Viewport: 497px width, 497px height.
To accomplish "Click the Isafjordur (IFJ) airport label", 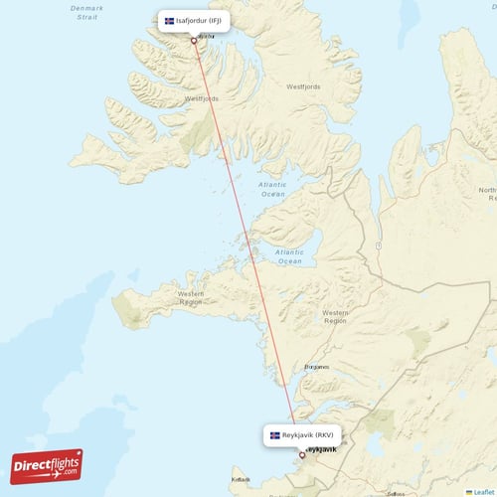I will click(194, 21).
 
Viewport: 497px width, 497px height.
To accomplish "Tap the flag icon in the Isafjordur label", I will click(169, 21).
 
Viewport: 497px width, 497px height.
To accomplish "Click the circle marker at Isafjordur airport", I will click(194, 41).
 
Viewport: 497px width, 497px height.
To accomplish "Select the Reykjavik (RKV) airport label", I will click(302, 434).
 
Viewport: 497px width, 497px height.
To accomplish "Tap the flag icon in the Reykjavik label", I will click(275, 434).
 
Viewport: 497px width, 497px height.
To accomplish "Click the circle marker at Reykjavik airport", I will click(302, 454).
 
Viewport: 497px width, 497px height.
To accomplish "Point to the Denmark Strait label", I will click(85, 12).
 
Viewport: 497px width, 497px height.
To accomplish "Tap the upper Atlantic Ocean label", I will click(271, 189).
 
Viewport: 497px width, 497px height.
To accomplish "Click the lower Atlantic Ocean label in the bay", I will click(289, 256).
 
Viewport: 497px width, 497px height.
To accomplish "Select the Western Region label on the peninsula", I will click(191, 296).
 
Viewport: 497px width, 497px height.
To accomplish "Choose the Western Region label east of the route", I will click(335, 316).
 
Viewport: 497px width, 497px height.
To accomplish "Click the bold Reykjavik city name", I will click(321, 449).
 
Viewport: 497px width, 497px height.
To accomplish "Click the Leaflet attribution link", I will click(481, 491).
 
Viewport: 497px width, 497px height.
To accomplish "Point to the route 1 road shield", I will click(379, 245).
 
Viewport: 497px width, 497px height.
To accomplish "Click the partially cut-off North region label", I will click(486, 193).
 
